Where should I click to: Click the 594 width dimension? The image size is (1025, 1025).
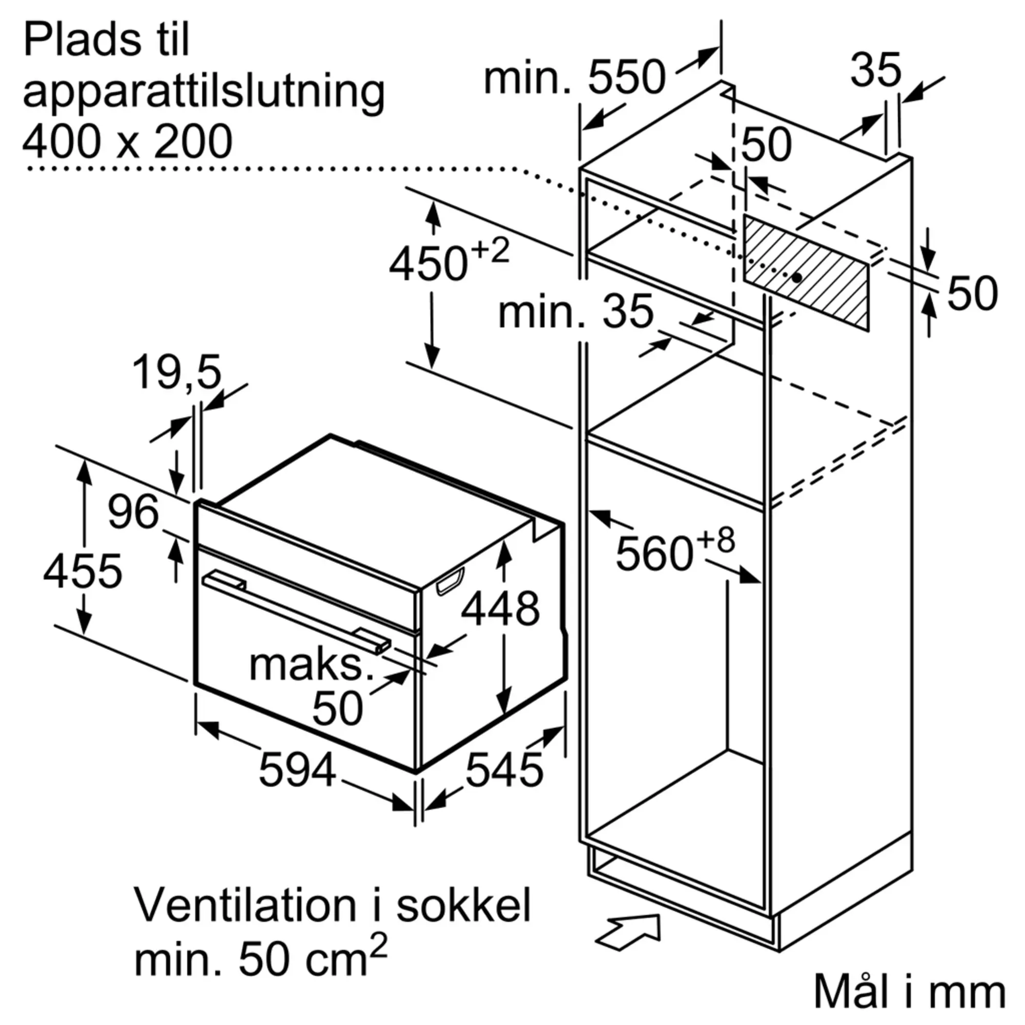coord(297,770)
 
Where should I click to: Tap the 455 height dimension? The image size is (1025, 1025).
coord(82,571)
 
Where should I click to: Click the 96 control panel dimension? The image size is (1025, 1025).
coord(133,512)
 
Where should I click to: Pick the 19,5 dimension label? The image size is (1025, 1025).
coord(176,373)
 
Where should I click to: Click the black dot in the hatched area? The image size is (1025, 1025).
coord(796,277)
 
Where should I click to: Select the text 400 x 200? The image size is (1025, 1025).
coord(127,141)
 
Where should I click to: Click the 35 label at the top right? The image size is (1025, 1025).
coord(875,70)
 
